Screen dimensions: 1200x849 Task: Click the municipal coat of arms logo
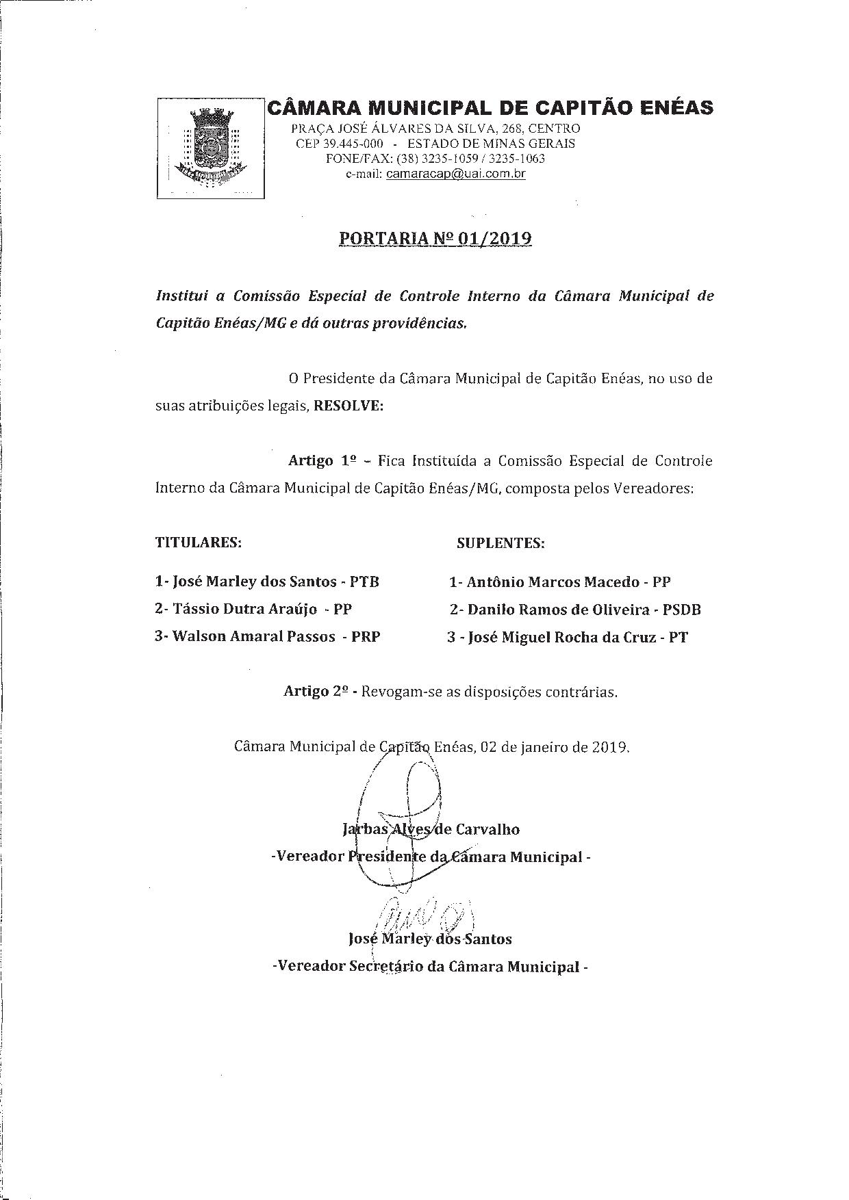click(210, 148)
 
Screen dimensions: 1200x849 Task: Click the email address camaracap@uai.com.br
click(455, 174)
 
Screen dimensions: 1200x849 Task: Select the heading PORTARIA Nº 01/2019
click(435, 239)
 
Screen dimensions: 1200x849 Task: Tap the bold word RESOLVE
click(348, 406)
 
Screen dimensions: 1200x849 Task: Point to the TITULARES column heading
click(199, 543)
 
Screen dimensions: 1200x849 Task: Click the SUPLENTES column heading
click(500, 543)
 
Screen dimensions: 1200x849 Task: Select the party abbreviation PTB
click(364, 582)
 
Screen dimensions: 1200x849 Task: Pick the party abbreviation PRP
click(366, 636)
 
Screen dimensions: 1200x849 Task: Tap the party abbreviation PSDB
click(681, 610)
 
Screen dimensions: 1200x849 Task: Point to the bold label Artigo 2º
click(318, 691)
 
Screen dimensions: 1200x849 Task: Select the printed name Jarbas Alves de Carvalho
click(431, 830)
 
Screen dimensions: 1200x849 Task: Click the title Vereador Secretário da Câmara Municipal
click(430, 967)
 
